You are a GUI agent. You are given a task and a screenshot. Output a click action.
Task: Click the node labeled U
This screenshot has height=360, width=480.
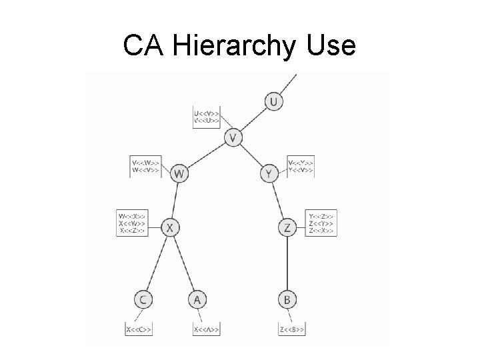(273, 102)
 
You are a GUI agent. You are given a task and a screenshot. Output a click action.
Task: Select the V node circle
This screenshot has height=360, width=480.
(233, 138)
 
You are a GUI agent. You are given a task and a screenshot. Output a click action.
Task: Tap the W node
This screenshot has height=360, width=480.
(179, 174)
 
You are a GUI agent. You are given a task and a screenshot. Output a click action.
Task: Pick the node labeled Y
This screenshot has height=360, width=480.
(268, 174)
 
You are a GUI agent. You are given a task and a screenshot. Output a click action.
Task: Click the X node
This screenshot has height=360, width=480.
(170, 228)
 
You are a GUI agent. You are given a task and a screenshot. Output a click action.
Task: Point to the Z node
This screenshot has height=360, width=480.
(287, 228)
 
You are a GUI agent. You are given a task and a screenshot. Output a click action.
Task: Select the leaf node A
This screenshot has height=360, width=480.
(197, 300)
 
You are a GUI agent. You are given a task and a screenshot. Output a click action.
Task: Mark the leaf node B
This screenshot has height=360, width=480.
(287, 300)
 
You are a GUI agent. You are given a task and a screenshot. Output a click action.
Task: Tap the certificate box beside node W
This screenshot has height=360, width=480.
(146, 166)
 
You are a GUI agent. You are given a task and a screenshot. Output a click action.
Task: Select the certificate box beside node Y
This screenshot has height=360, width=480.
(301, 166)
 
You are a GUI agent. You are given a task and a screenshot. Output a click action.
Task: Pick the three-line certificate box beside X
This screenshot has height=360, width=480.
(131, 222)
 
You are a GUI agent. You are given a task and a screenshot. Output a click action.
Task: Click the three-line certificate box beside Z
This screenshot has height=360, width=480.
(322, 222)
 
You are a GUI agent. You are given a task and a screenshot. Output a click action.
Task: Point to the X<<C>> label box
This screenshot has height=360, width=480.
(139, 329)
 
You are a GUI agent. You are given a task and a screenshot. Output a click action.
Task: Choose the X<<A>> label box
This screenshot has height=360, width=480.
(206, 329)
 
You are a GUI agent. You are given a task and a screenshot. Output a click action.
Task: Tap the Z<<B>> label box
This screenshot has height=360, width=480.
(292, 329)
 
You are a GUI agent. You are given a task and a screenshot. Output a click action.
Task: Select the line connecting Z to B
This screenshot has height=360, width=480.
(287, 264)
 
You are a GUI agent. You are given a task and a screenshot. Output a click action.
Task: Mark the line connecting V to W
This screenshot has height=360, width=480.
(205, 156)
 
